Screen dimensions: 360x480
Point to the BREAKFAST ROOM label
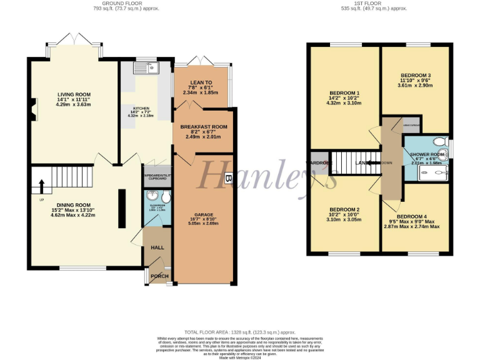point(204,126)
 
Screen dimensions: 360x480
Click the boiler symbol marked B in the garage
point(227,178)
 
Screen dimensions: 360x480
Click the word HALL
point(157,247)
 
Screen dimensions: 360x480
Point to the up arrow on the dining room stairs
point(42,187)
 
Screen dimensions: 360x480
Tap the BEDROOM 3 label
point(416,75)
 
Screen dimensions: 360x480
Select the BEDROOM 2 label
point(344,209)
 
